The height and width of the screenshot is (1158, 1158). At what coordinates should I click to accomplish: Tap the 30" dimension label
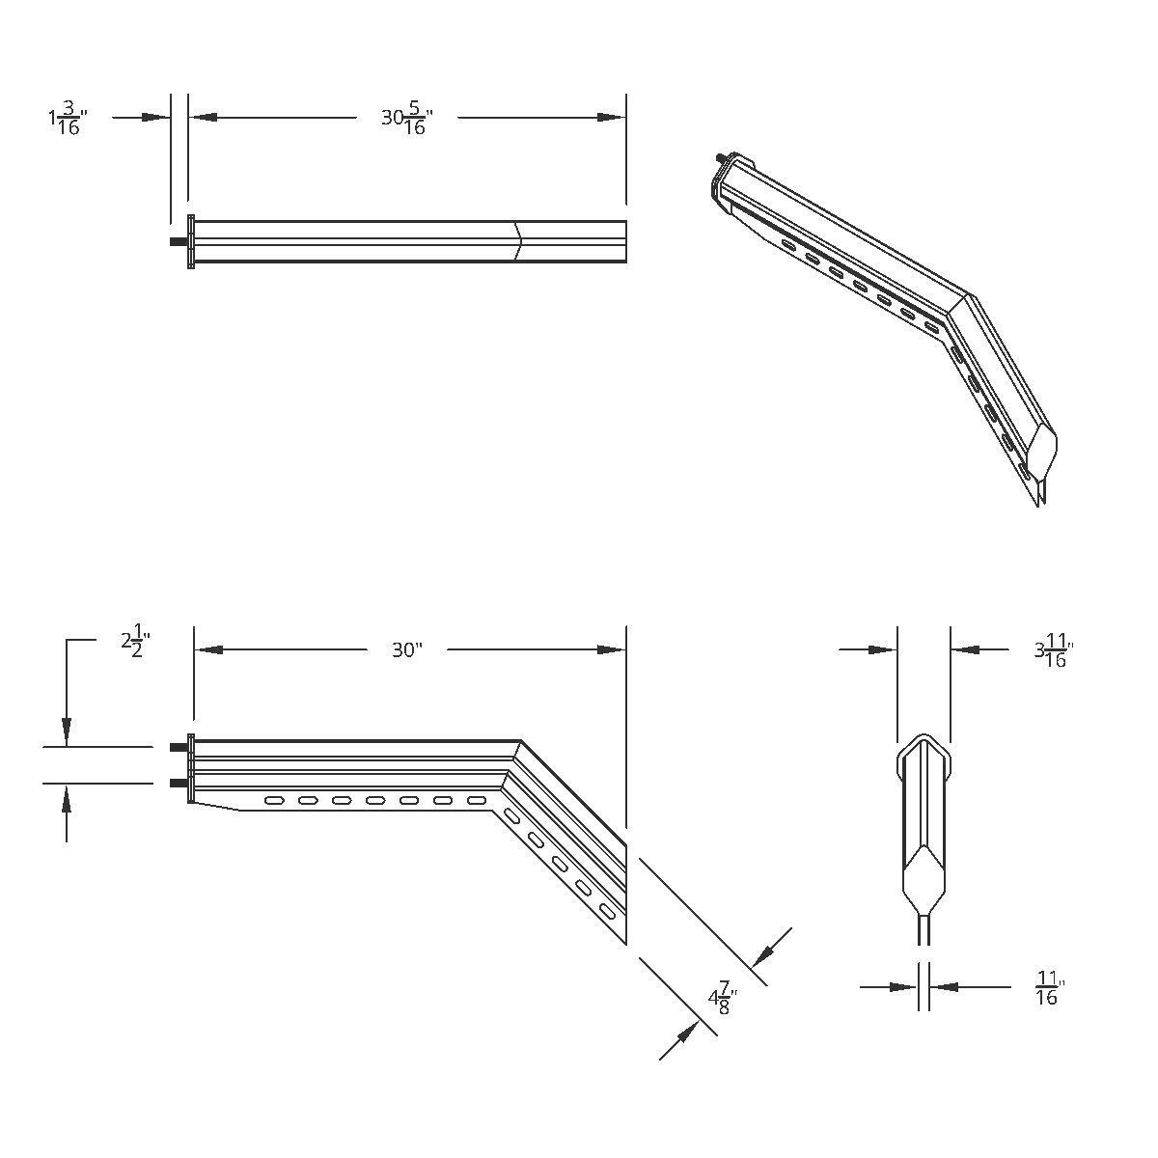point(407,650)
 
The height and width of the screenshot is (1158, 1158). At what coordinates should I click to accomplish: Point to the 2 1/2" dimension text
point(136,641)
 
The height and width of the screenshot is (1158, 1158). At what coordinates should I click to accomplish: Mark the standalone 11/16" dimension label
point(1048,990)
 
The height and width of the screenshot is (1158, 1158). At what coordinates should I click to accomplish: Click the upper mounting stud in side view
point(179,748)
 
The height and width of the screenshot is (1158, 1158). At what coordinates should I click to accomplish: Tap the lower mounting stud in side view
point(179,783)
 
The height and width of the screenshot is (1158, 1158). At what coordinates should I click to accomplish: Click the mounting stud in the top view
point(178,241)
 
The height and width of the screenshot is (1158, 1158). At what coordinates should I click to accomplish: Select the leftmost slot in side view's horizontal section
point(275,800)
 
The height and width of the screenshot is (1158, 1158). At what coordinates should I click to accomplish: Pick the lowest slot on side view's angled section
point(607,910)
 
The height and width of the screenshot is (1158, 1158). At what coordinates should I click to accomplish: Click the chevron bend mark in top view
point(518,241)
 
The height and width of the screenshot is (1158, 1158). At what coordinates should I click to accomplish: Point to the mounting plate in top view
point(191,241)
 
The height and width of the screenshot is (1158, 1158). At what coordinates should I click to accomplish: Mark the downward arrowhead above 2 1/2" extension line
point(66,733)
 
